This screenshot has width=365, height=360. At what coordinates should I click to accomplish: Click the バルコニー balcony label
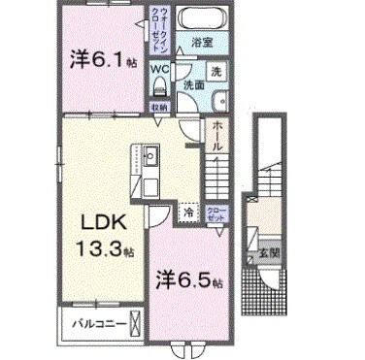coord(92,322)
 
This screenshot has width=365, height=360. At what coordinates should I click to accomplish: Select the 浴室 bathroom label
coord(201,43)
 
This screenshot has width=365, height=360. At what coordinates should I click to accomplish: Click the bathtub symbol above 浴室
coord(202,18)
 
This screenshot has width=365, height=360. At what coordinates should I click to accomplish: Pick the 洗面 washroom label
coord(195,85)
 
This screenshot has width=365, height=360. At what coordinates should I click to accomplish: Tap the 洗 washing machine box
coord(217,72)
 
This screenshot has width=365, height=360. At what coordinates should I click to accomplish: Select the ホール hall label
coord(218,136)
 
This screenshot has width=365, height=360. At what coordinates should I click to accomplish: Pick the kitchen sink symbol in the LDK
coord(151,155)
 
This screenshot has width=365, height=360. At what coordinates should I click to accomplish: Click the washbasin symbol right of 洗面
coord(219,94)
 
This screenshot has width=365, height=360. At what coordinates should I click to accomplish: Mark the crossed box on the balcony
coord(136,322)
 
